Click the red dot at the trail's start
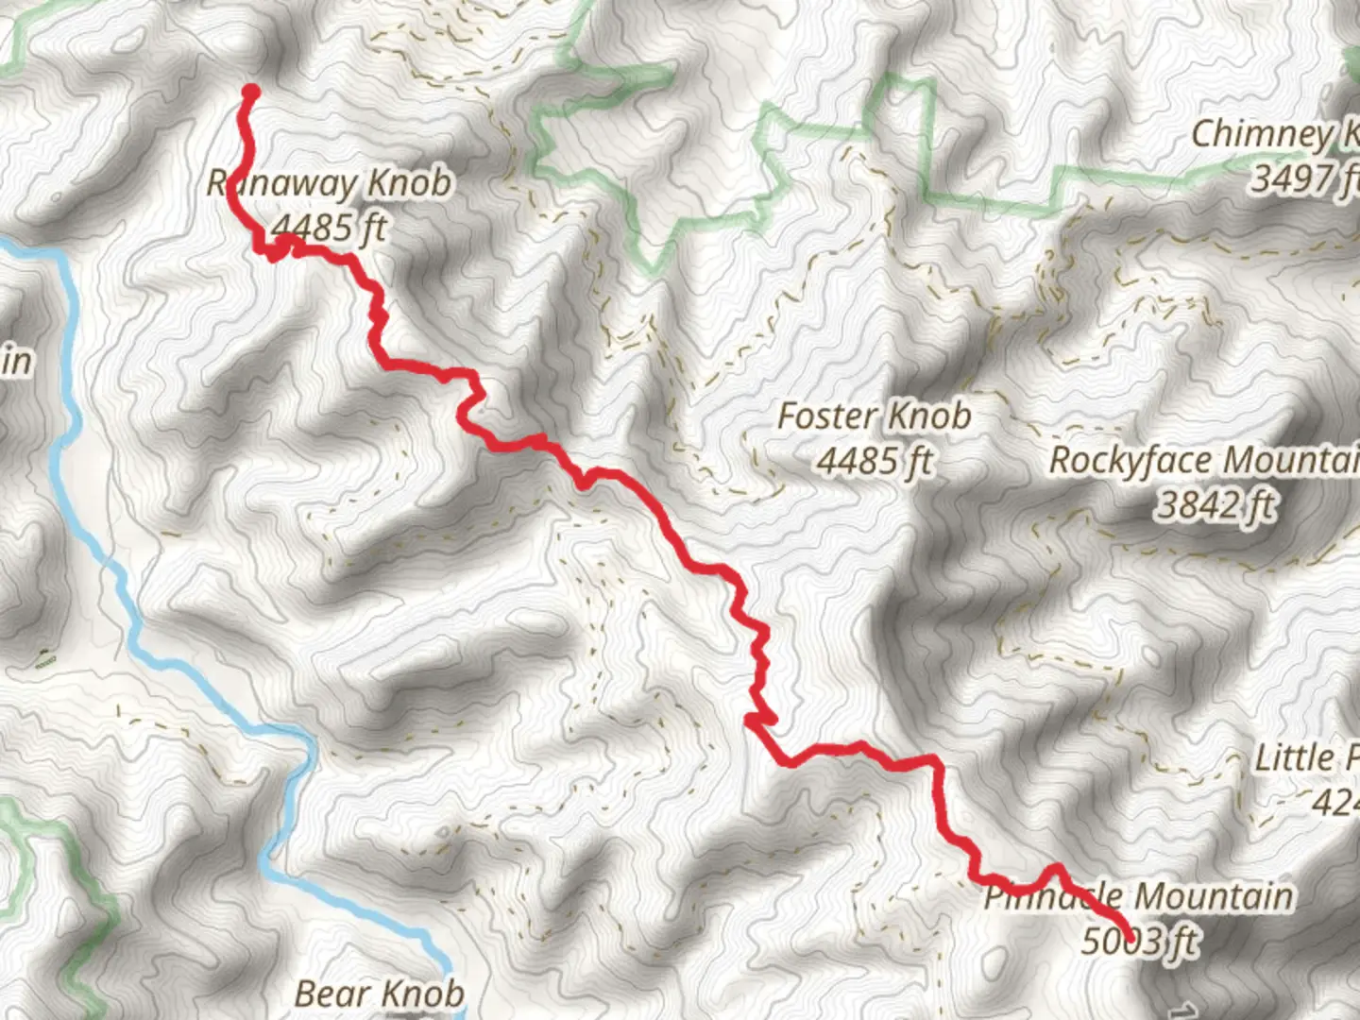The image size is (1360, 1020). (x=251, y=92)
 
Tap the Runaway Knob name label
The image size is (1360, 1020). (x=330, y=183)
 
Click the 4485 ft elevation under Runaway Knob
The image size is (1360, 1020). (x=328, y=228)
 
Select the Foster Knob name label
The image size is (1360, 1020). (x=874, y=416)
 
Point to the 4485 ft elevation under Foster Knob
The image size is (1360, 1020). (x=874, y=461)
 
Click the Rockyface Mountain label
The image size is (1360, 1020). (x=1204, y=461)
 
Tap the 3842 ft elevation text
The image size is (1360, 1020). (x=1215, y=505)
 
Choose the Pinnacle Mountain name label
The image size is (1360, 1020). (x=1139, y=896)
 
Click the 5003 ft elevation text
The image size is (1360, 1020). (x=1140, y=941)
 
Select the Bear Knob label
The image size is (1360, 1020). (x=380, y=994)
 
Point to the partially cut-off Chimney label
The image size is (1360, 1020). (x=1274, y=134)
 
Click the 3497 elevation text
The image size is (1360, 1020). (x=1303, y=178)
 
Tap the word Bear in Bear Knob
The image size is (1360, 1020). (x=328, y=994)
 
